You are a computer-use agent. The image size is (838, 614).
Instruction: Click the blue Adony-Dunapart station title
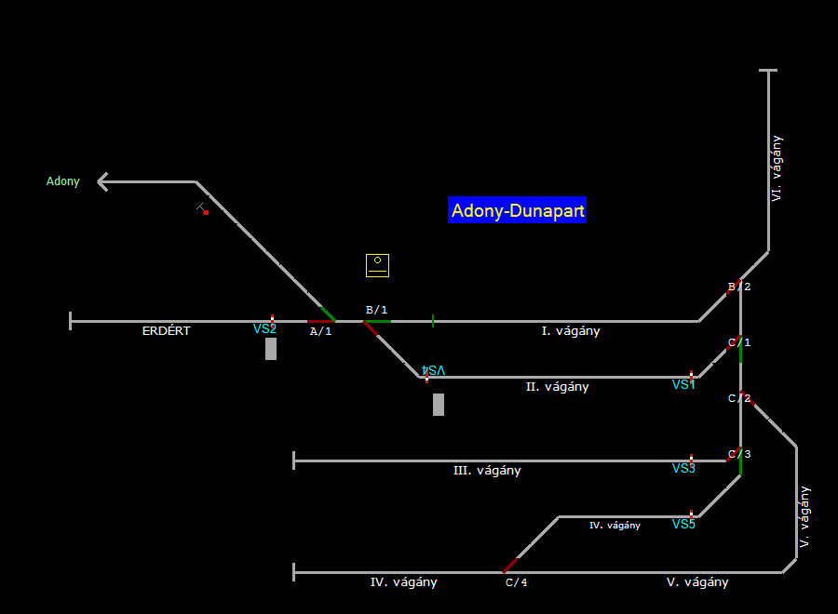pos(518,211)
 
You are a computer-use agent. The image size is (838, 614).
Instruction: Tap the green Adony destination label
pos(63,181)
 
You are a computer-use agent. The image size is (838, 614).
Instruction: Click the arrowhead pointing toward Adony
pos(103,181)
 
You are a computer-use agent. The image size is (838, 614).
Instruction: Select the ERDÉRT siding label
pos(166,331)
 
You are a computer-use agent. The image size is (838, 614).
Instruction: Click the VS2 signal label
pos(264,329)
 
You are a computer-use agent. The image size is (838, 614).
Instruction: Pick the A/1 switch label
pos(320,331)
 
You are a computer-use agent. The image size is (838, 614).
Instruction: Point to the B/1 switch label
pos(376,310)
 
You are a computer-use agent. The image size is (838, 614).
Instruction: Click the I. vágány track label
pos(571,331)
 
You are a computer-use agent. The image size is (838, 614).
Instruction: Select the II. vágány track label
pos(557,387)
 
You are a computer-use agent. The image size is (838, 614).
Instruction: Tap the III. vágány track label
pos(487,471)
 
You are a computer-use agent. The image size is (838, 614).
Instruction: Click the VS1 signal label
pos(683,385)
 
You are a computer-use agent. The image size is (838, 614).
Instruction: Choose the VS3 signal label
pos(683,469)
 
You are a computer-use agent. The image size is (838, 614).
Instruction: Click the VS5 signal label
pos(683,525)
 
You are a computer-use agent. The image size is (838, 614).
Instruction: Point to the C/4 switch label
pos(516,583)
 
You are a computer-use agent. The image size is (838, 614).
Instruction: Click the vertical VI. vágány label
pos(777,168)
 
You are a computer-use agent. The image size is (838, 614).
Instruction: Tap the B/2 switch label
pos(739,287)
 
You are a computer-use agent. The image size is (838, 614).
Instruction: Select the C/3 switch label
pos(739,455)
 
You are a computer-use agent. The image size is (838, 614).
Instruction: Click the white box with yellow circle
pos(377,265)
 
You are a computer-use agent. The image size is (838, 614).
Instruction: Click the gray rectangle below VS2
pos(271,349)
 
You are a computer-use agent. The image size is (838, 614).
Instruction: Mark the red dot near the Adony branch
pos(206,213)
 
